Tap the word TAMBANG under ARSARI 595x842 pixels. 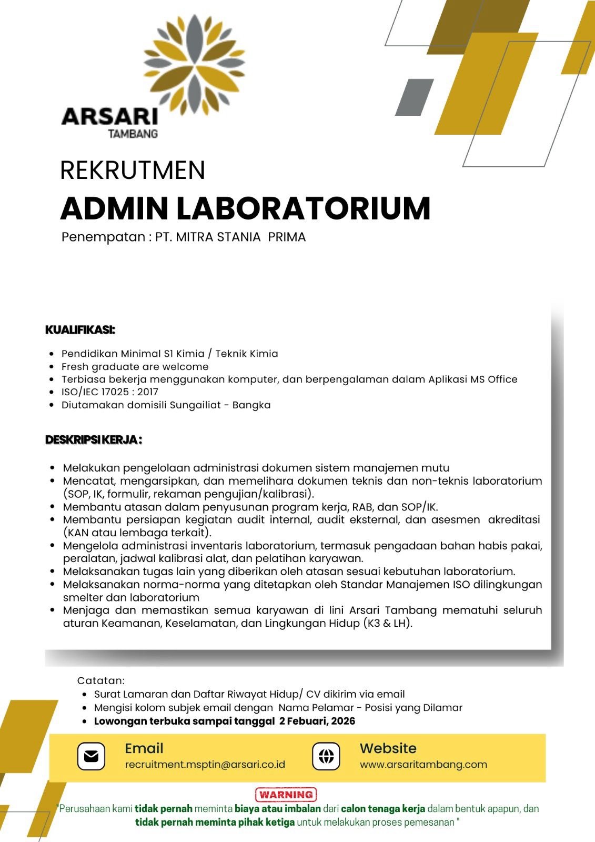(x=133, y=134)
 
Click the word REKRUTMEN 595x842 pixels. (x=133, y=171)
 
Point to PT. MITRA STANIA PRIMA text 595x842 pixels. (x=230, y=237)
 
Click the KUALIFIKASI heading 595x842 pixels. (x=80, y=330)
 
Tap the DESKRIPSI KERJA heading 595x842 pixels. (x=94, y=439)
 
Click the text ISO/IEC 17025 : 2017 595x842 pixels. (x=110, y=392)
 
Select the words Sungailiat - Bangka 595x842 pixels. (x=220, y=405)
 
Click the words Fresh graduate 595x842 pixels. (x=95, y=367)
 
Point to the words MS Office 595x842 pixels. (x=493, y=379)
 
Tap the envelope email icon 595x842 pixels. (x=91, y=756)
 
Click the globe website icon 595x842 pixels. (x=326, y=756)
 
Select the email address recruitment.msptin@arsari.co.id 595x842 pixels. (x=205, y=765)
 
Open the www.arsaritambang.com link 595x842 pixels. (x=423, y=765)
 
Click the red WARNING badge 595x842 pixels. (x=286, y=794)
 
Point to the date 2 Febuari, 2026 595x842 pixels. (x=317, y=721)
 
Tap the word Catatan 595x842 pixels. (x=100, y=681)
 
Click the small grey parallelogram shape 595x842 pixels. (x=415, y=97)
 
